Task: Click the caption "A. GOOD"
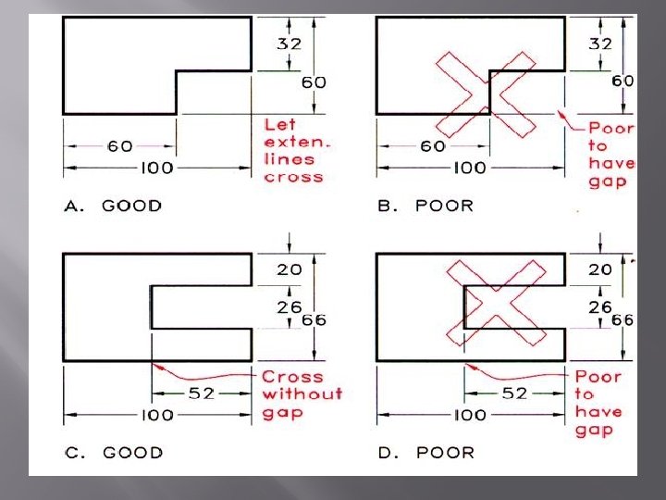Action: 113,206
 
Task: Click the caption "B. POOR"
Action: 425,206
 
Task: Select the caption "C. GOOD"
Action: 113,452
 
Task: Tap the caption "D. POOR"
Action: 425,452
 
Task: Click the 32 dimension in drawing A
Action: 290,43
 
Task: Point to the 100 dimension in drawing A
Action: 158,169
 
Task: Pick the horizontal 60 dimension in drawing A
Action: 119,145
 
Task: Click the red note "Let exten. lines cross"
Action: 293,149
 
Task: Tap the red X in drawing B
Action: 487,94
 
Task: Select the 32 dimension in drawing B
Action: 600,43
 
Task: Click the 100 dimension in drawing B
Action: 469,169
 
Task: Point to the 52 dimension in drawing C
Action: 202,393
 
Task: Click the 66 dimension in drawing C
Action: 315,319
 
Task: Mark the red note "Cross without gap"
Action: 301,394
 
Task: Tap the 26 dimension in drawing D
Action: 600,306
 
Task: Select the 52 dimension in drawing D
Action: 514,393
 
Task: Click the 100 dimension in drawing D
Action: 469,415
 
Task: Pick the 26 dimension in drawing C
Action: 290,306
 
